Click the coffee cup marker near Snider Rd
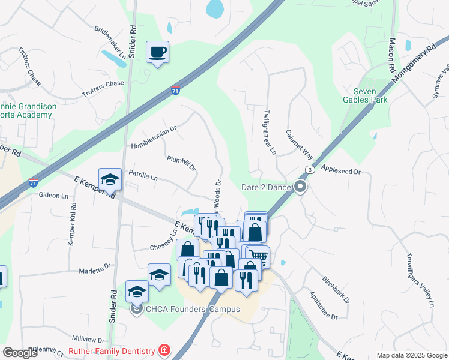[158, 52]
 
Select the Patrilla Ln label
[143, 178]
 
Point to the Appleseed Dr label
[340, 171]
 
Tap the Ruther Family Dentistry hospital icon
[163, 350]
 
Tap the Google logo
[20, 353]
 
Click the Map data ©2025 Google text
[412, 355]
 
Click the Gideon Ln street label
[53, 196]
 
